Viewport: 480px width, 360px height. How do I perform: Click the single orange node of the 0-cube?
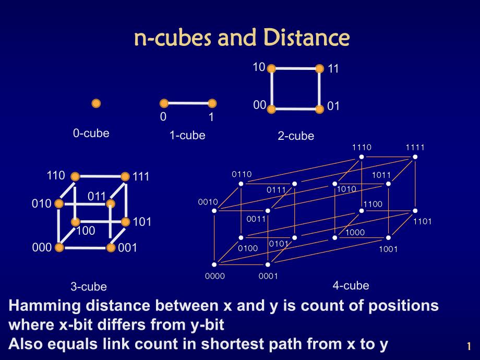96,103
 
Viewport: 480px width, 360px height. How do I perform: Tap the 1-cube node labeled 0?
164,103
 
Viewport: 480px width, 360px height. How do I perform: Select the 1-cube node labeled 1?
212,103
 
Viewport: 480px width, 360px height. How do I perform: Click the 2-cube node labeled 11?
319,68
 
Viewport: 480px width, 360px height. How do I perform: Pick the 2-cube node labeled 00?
271,109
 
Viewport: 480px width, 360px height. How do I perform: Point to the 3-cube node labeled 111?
125,176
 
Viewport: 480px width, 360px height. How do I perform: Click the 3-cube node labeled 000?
59,247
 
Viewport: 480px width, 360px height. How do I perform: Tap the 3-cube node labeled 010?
59,203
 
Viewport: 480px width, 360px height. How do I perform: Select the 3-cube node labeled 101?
125,222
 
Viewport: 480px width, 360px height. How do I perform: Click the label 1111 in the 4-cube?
415,147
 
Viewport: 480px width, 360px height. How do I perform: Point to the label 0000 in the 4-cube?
214,276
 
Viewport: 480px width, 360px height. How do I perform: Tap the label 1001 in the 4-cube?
388,249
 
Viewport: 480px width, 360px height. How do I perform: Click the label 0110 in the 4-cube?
242,174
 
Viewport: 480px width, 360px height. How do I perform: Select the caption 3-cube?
89,286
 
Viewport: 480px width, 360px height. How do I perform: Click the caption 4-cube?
351,285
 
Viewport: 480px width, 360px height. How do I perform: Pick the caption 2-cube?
296,136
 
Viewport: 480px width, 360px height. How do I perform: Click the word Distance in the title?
306,38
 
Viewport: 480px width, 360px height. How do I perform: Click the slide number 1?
469,346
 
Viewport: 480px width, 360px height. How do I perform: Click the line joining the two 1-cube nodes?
188,103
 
